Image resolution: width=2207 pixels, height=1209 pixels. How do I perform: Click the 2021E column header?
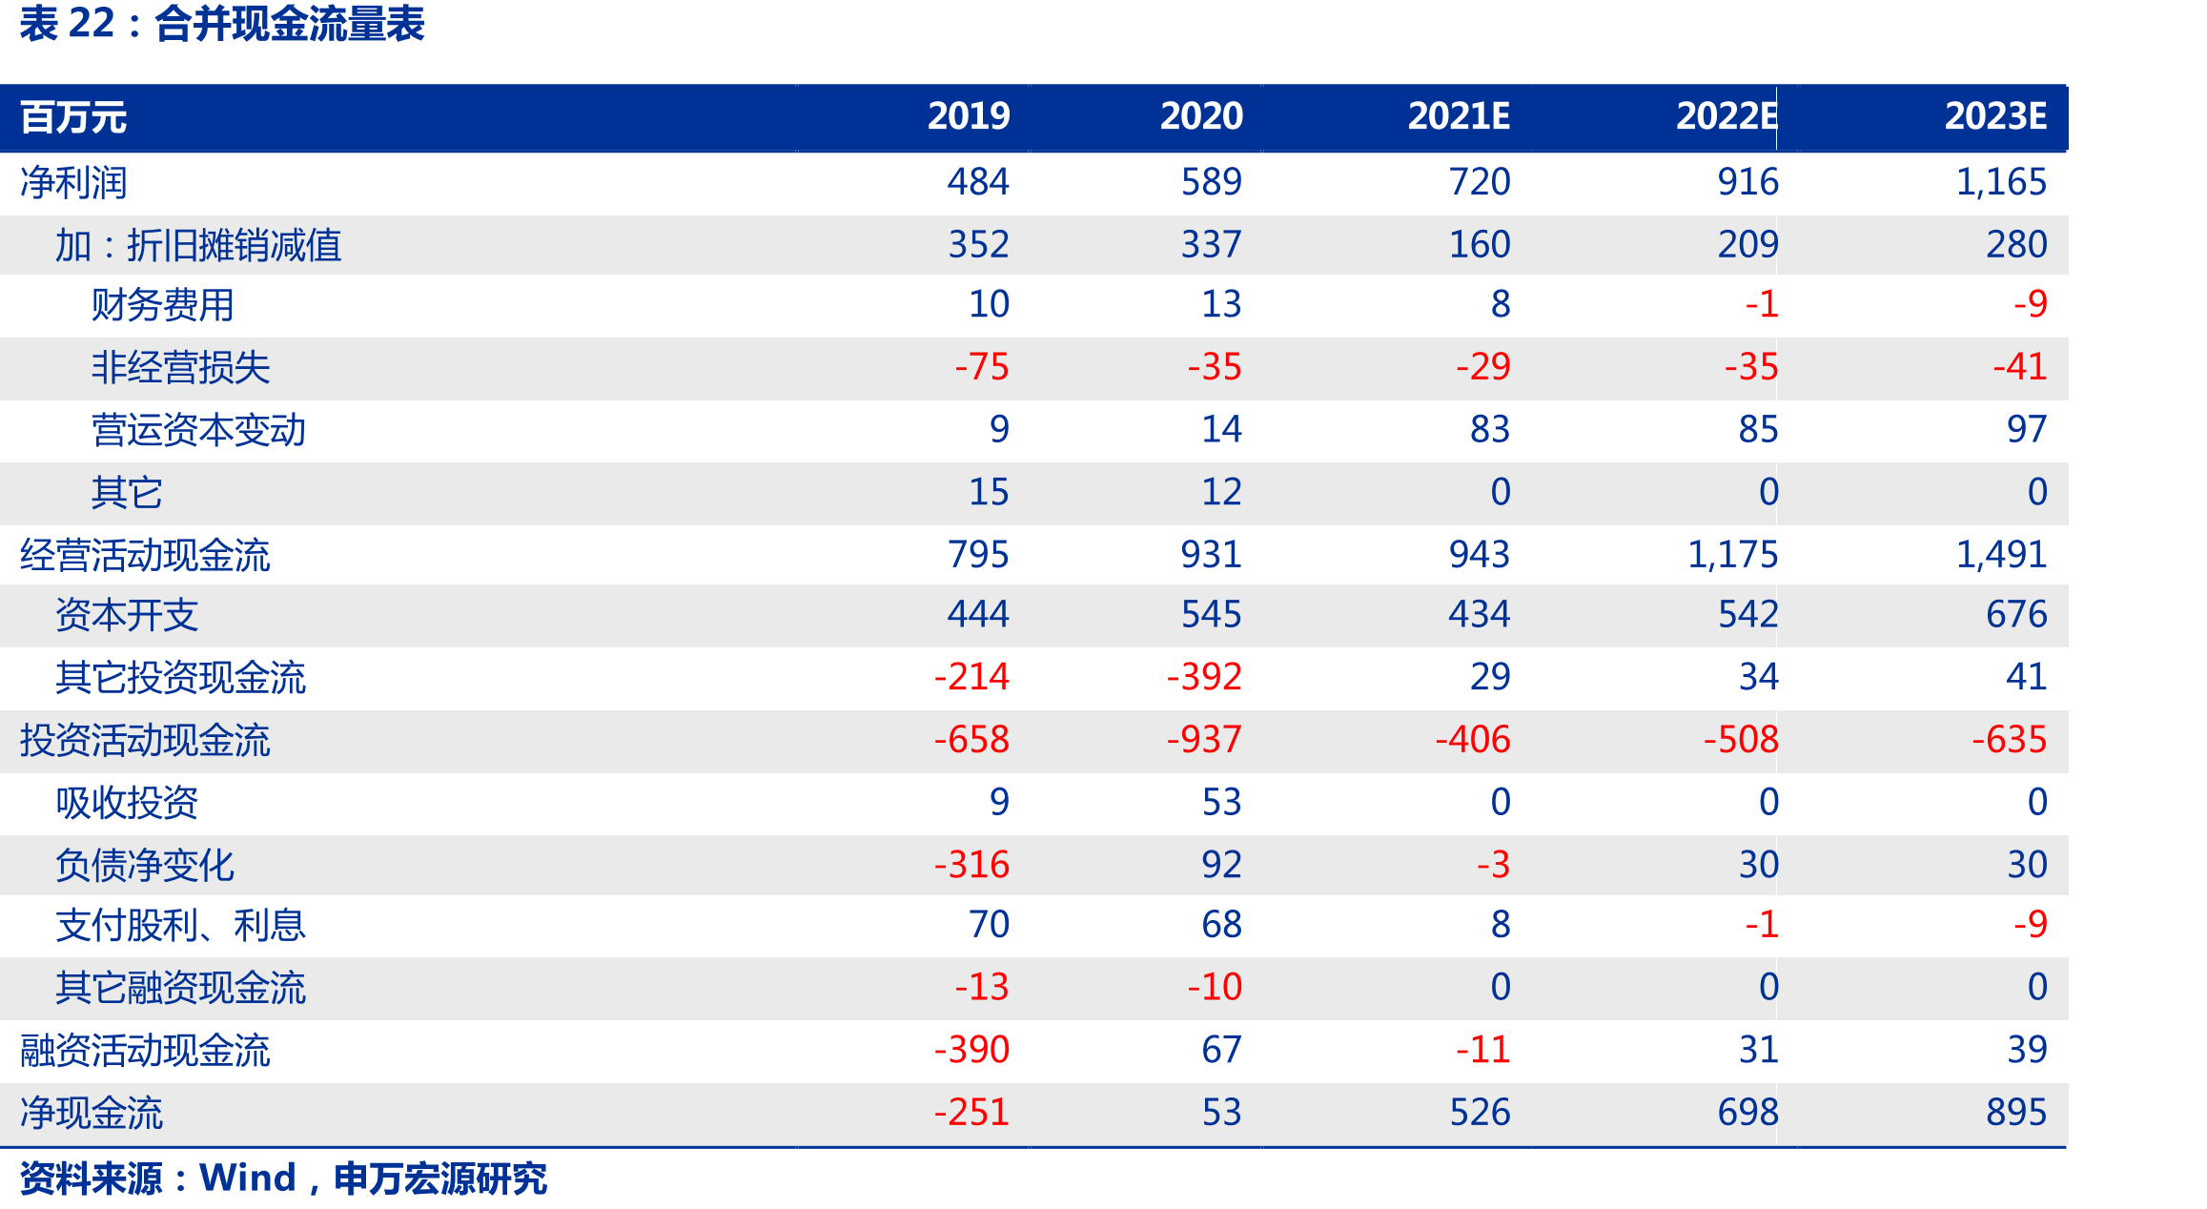pos(1459,116)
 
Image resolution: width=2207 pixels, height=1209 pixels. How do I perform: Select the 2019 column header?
pos(969,116)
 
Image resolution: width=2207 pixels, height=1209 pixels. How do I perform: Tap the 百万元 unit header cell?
pos(73,117)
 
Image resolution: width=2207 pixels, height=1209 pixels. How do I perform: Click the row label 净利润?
pos(73,182)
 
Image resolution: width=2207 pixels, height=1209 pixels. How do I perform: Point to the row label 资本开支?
pos(127,615)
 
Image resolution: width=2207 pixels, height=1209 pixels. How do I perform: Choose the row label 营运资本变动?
pos(198,430)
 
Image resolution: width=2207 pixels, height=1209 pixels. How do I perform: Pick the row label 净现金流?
pos(92,1113)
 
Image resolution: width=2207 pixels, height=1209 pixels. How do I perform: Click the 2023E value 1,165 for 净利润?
pos(2001,181)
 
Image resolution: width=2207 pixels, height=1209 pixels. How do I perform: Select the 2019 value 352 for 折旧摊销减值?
pos(978,244)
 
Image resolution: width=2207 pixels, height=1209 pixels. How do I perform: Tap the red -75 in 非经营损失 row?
pos(982,366)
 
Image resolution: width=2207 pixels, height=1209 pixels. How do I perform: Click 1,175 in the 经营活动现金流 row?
pos(1732,554)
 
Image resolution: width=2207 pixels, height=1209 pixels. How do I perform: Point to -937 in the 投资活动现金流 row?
pos(1204,739)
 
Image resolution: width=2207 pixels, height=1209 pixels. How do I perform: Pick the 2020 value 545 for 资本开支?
pos(1212,614)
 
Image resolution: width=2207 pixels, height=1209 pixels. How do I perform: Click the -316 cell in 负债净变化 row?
pos(971,864)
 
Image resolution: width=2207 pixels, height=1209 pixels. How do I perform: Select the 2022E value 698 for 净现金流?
pos(1748,1112)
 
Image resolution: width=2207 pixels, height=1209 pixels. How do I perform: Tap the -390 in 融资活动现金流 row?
pos(971,1049)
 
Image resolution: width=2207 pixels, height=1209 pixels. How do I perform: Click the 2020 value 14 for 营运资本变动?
pos(1221,429)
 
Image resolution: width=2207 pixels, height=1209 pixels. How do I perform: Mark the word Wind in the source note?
pos(248,1178)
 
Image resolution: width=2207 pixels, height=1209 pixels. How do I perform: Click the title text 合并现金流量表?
pos(290,24)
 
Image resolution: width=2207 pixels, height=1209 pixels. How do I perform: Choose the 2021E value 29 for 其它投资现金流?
pos(1490,676)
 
